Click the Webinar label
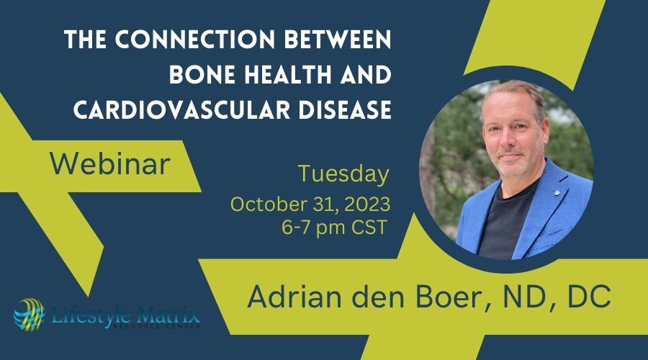[109, 165]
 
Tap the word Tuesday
[343, 174]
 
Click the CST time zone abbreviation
[368, 227]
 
